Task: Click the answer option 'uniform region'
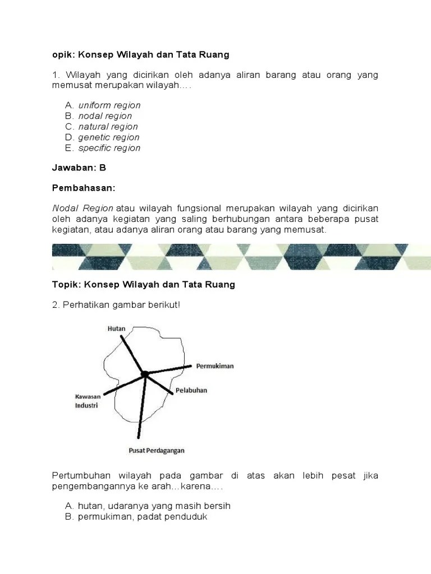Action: (109, 105)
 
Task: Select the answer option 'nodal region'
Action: (105, 116)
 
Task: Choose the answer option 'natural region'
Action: (108, 127)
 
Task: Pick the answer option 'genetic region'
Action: (109, 137)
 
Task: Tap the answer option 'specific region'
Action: (109, 148)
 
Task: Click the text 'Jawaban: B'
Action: (79, 167)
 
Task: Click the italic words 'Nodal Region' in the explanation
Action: (83, 209)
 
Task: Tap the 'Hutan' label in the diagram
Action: (117, 328)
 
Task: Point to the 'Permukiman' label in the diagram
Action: (214, 366)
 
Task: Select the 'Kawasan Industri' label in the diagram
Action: (86, 401)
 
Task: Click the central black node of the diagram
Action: (145, 374)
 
